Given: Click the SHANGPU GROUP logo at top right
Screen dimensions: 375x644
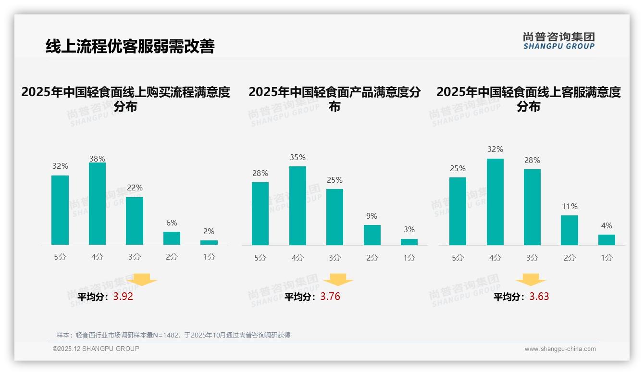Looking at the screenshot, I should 558,41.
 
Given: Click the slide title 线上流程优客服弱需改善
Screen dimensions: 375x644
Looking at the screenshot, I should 130,46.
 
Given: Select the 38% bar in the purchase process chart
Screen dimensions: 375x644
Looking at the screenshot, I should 97,204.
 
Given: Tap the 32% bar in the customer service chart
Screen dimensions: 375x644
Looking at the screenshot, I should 495,202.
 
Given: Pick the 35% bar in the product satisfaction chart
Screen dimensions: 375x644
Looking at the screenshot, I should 297,206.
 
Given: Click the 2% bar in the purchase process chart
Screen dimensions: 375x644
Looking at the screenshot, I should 209,242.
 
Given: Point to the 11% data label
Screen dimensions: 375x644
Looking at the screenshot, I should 570,206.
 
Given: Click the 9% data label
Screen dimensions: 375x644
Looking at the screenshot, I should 372,216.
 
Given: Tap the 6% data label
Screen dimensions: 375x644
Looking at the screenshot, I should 172,223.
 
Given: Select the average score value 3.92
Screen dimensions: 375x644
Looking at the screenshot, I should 123,297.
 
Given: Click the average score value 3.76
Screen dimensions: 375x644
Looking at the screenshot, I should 330,297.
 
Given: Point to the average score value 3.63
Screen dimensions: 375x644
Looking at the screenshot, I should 539,297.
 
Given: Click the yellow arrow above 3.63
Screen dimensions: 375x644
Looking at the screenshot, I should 531,280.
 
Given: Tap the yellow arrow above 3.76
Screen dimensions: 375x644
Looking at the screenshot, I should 338,280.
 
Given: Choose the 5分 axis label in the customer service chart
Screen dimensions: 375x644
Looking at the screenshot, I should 458,258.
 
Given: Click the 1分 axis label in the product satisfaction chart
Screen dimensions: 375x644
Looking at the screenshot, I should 409,258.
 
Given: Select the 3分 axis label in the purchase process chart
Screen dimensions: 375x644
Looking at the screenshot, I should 135,257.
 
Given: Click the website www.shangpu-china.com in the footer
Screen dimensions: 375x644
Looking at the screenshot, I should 560,349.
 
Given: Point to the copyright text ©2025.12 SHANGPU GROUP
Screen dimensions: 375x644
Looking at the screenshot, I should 96,349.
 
